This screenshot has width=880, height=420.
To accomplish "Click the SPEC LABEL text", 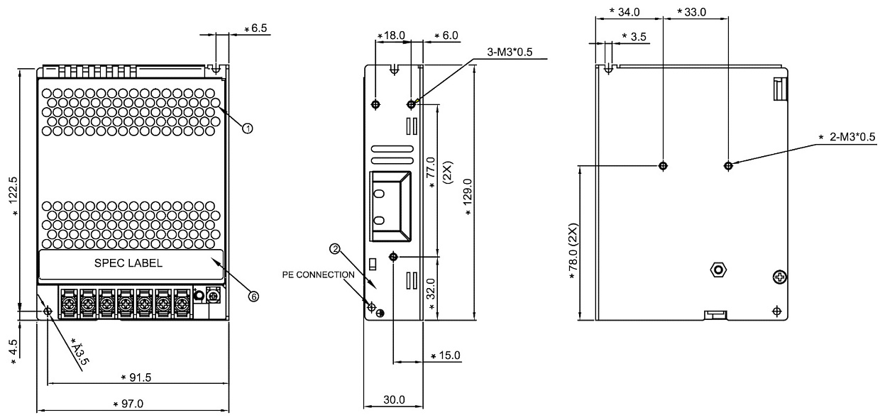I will [x=128, y=262].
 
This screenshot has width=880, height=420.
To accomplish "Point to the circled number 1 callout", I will [x=248, y=128].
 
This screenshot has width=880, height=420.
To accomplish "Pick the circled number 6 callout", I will [x=253, y=297].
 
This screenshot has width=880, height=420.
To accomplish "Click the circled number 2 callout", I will [x=335, y=249].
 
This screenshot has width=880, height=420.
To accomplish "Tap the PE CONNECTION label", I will [x=318, y=274].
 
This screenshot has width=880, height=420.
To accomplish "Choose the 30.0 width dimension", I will [x=393, y=400].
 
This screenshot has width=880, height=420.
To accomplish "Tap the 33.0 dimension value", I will [x=695, y=12].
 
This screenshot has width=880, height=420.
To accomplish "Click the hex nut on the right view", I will [x=717, y=270].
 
